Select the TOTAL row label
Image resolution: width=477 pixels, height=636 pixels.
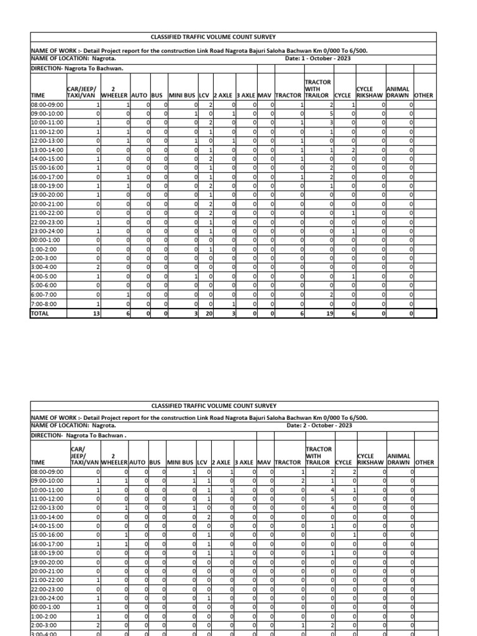[x=40, y=314]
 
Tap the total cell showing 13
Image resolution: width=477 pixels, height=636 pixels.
[x=96, y=314]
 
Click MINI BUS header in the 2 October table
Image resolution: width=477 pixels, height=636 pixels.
[x=180, y=463]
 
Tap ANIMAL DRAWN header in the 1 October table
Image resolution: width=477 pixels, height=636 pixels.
[x=398, y=92]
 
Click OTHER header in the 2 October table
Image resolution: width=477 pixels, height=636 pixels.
[x=425, y=463]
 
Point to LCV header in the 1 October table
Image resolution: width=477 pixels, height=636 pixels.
[x=204, y=96]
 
